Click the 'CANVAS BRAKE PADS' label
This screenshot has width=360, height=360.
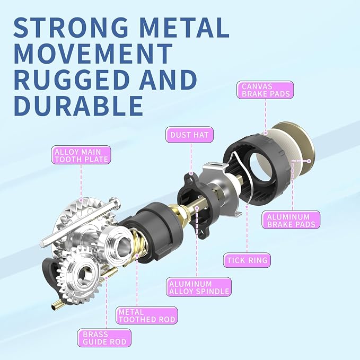click(265, 90)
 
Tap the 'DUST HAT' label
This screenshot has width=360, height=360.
click(189, 135)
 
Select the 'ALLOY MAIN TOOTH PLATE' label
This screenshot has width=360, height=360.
click(81, 155)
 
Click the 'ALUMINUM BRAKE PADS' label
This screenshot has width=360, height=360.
click(291, 220)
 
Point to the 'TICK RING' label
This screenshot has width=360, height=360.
click(247, 260)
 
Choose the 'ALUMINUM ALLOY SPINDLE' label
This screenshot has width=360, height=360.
click(199, 287)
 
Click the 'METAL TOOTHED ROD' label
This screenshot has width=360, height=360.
click(147, 315)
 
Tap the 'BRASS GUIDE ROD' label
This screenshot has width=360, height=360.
click(104, 338)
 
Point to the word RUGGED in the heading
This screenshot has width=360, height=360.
click(72, 80)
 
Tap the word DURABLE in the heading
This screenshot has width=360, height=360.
click(78, 106)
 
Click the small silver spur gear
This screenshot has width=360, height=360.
click(81, 274)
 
